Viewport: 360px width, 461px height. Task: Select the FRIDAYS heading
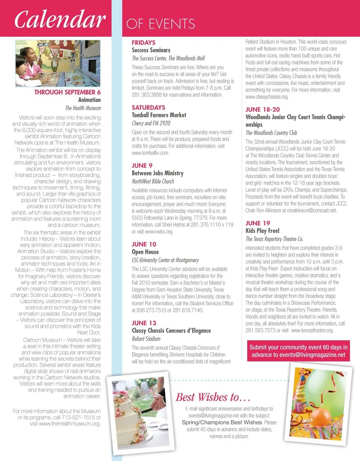point(143,43)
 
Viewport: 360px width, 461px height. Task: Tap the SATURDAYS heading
point(148,108)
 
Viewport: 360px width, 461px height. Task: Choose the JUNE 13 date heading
point(144,323)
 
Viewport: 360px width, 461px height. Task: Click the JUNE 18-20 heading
point(262,109)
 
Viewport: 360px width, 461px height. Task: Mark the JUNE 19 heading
point(258,223)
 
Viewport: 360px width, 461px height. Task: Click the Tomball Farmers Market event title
point(159,115)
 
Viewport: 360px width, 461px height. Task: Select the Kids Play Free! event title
point(262,231)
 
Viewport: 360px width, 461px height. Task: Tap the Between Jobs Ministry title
point(157,173)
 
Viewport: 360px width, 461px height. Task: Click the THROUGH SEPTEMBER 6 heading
point(67,92)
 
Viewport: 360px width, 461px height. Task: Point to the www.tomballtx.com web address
point(150,153)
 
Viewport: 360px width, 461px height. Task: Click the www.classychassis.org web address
point(267,97)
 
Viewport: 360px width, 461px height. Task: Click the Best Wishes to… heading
point(213,397)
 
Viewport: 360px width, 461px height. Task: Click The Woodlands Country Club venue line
point(271,133)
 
